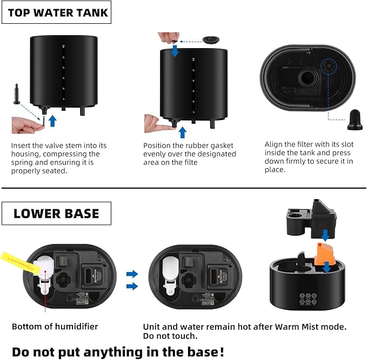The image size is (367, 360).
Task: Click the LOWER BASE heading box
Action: coord(56,213)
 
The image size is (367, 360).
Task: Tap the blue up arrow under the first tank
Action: coord(52,120)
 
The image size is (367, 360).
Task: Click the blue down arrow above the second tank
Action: coord(174,50)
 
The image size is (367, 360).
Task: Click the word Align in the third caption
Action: coord(275,144)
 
